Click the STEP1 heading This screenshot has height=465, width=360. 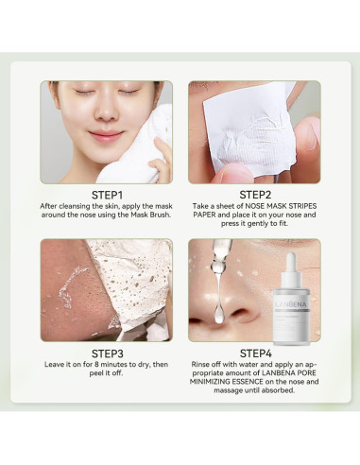107,195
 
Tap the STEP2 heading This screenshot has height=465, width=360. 255,195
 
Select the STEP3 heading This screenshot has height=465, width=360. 107,353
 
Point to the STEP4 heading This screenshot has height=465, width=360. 255,353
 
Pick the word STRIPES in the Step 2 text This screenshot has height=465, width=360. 302,206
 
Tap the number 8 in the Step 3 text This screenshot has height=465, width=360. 96,365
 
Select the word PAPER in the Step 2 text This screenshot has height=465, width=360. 204,215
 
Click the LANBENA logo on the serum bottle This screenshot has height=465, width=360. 291,304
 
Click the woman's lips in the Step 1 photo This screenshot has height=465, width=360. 106,135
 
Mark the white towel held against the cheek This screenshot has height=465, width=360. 139,148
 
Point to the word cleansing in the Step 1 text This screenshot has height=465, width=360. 75,206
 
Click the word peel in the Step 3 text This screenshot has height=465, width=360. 95,373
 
